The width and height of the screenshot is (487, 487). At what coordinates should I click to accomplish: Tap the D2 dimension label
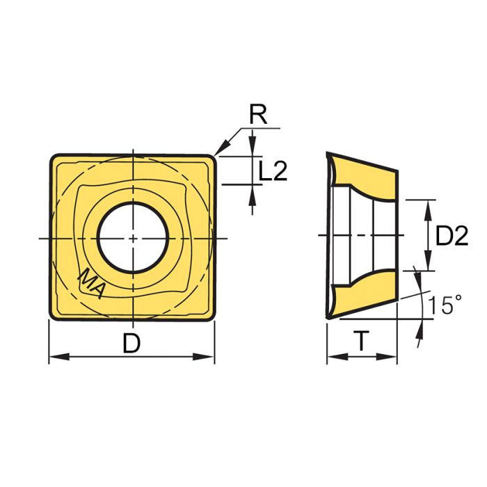(452, 237)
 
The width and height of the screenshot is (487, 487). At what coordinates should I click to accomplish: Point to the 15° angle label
(445, 305)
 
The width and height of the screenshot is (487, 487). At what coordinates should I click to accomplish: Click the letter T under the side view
(361, 341)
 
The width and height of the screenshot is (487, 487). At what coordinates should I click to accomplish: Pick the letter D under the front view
(131, 342)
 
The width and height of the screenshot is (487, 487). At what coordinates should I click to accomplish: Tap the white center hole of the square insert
(131, 237)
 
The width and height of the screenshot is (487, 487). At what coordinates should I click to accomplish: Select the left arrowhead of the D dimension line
(55, 358)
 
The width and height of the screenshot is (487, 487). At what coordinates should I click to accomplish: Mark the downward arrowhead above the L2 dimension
(252, 150)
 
